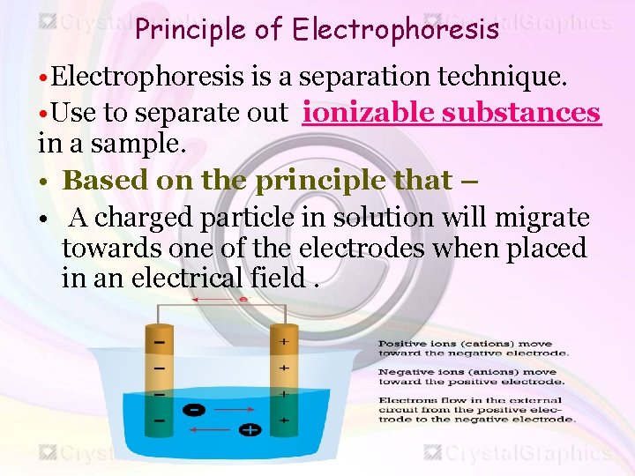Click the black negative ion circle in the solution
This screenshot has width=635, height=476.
[195, 409]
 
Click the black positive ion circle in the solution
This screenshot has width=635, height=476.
[250, 429]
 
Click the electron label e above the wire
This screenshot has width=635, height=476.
[243, 300]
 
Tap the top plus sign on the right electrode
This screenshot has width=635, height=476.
[284, 340]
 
